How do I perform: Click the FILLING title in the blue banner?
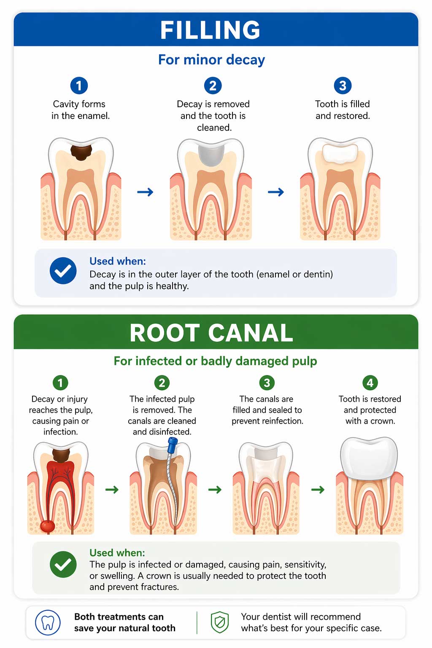[210, 30]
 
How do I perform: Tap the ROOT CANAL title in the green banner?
[211, 333]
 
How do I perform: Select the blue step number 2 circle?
[213, 86]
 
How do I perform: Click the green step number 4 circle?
[370, 383]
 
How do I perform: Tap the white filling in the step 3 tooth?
[340, 153]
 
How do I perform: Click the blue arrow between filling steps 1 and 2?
[145, 192]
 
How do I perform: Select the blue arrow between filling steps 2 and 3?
[276, 192]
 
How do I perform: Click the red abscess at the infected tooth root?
[47, 526]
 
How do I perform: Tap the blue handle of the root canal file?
[172, 445]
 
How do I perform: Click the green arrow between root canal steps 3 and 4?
[318, 490]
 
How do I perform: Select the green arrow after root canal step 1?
[112, 490]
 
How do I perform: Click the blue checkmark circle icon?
[63, 270]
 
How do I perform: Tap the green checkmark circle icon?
[63, 564]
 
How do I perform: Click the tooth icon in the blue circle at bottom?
[48, 622]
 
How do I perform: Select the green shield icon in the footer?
[219, 622]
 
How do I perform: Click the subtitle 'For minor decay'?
[211, 60]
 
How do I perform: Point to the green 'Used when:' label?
[117, 553]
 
